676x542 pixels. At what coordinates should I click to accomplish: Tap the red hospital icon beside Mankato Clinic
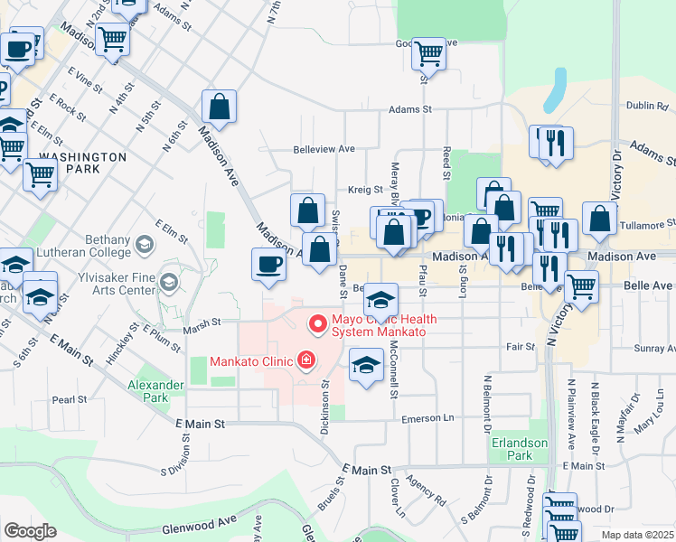pyautogui.click(x=306, y=361)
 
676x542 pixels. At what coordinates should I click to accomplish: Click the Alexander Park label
pyautogui.click(x=155, y=391)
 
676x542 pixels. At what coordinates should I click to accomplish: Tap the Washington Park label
pyautogui.click(x=82, y=163)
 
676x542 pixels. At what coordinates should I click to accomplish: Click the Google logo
pyautogui.click(x=30, y=530)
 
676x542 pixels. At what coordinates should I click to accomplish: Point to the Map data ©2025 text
pyautogui.click(x=636, y=535)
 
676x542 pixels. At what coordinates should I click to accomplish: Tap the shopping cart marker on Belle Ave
pyautogui.click(x=581, y=287)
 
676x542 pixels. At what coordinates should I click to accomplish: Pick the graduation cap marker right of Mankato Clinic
pyautogui.click(x=365, y=365)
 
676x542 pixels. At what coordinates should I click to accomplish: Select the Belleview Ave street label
pyautogui.click(x=324, y=150)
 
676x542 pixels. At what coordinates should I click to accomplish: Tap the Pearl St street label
pyautogui.click(x=69, y=398)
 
